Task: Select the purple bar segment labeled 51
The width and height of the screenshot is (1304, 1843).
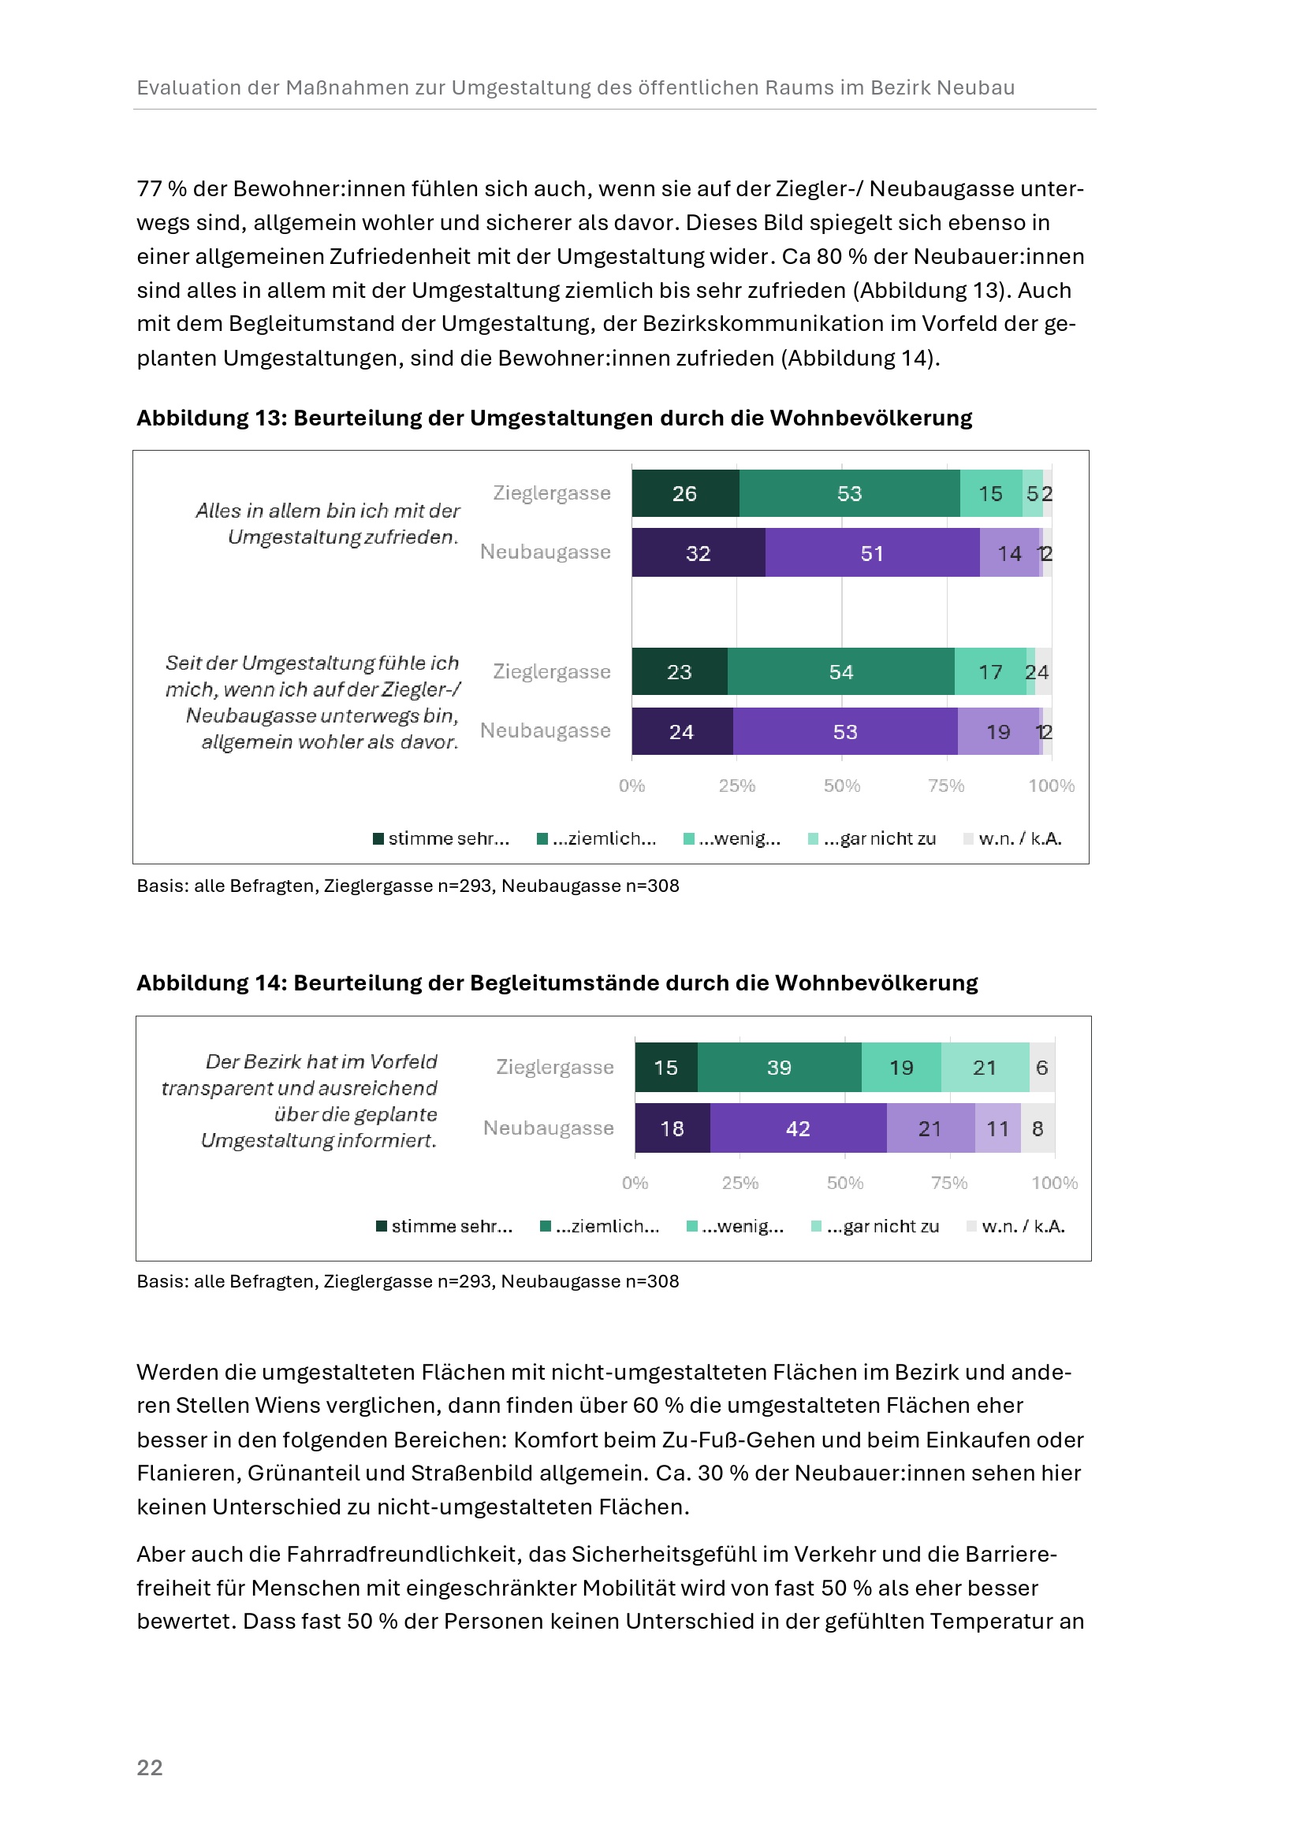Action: click(872, 553)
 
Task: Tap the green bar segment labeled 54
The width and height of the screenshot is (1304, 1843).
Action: click(840, 672)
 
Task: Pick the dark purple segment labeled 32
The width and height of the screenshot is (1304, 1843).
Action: click(698, 553)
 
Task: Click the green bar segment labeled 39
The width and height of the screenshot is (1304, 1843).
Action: click(779, 1068)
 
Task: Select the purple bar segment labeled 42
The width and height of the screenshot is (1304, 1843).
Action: click(798, 1128)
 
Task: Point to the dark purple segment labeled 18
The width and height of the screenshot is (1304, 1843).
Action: click(672, 1128)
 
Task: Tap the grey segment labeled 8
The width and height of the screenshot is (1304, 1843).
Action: click(1038, 1128)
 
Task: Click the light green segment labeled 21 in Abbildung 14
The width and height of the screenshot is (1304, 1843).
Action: click(985, 1068)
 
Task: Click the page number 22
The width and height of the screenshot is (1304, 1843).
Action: click(150, 1767)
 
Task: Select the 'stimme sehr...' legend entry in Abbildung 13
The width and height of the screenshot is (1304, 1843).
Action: click(441, 839)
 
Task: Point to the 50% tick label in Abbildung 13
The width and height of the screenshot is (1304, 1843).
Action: click(841, 786)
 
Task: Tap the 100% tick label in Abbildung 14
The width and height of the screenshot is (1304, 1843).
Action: click(1054, 1183)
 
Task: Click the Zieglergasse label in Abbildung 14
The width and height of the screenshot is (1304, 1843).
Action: click(555, 1067)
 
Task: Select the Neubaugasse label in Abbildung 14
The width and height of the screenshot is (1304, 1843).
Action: click(549, 1128)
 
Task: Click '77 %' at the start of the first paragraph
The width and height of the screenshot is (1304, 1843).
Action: click(162, 188)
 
